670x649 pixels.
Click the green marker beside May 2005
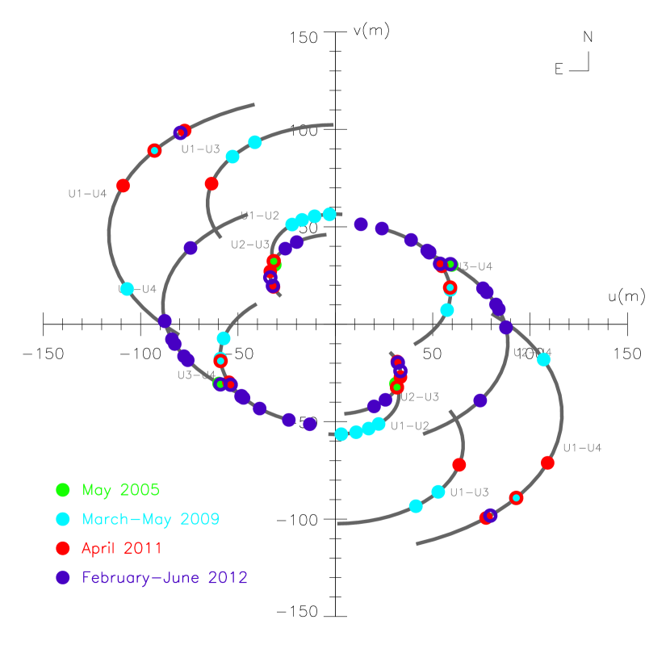tap(63, 489)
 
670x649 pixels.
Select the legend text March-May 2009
tap(150, 519)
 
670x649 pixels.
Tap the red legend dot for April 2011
tap(63, 548)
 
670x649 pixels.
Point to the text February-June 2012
tap(165, 578)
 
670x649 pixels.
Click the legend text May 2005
tap(120, 490)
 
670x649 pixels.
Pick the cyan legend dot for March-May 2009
tap(63, 519)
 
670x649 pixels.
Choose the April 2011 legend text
tap(121, 548)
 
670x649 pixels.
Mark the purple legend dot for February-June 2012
tap(63, 578)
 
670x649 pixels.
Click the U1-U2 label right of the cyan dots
tap(410, 426)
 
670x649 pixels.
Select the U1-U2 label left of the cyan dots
tap(262, 216)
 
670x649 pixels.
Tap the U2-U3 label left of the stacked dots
tap(250, 245)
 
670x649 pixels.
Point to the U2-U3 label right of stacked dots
tap(421, 397)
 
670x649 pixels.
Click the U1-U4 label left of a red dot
tap(87, 194)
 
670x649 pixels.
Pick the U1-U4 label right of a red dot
tap(582, 448)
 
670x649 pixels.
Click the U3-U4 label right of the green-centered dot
tap(475, 266)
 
